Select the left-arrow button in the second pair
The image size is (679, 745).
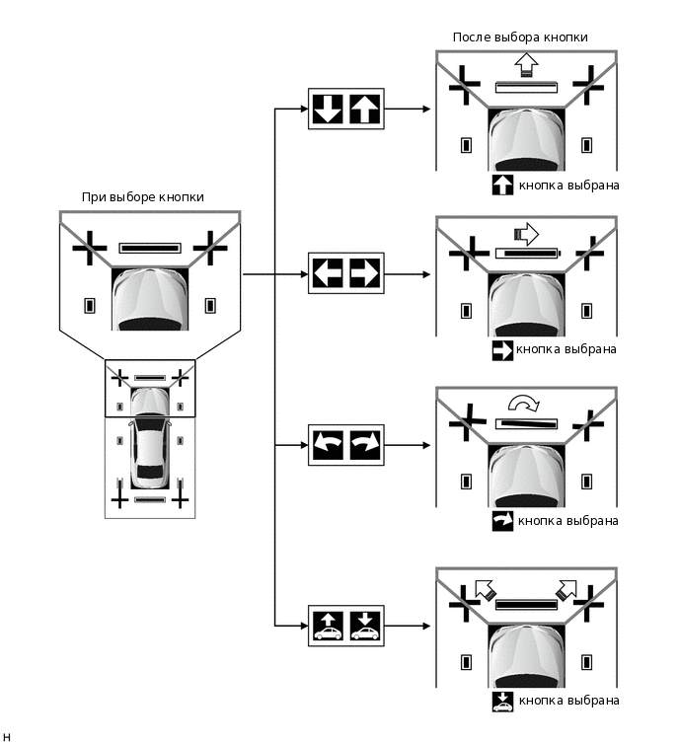pyautogui.click(x=327, y=272)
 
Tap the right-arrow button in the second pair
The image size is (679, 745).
pyautogui.click(x=364, y=272)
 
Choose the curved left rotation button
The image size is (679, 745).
pyautogui.click(x=327, y=444)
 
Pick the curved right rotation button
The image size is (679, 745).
pyautogui.click(x=364, y=444)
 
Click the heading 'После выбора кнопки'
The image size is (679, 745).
pyautogui.click(x=520, y=37)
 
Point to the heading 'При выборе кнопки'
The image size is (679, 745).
pyautogui.click(x=143, y=197)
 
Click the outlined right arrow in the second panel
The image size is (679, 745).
pyautogui.click(x=527, y=234)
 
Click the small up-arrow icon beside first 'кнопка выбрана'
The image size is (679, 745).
pyautogui.click(x=502, y=185)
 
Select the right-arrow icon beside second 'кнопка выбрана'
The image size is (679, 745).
pyautogui.click(x=502, y=349)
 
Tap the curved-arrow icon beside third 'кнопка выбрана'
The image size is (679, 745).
pyautogui.click(x=502, y=521)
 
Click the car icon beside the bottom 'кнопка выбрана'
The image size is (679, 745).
pyautogui.click(x=502, y=701)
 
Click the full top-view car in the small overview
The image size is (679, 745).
pyautogui.click(x=149, y=456)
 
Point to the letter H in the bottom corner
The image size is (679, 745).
pyautogui.click(x=7, y=736)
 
